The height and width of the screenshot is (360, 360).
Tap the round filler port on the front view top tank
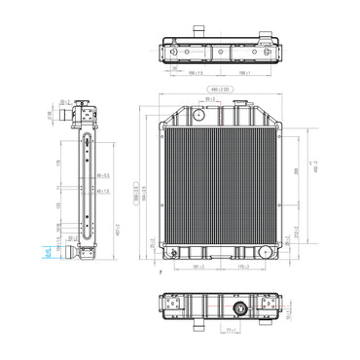tap(199, 116)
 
